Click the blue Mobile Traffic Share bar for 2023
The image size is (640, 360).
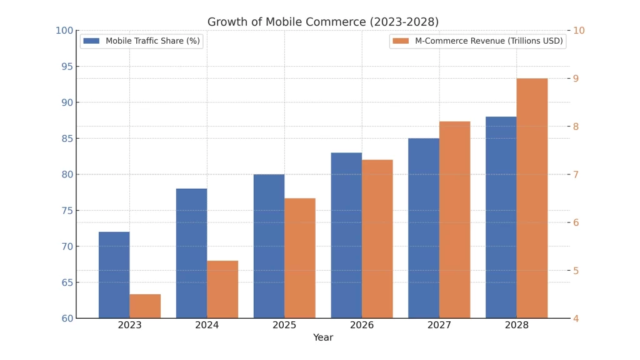coord(114,275)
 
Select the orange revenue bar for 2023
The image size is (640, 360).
coord(145,306)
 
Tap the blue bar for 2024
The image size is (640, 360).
coord(191,253)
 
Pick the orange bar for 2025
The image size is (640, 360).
coord(300,258)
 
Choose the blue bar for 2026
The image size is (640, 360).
coord(346,235)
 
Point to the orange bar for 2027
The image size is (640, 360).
coord(454,219)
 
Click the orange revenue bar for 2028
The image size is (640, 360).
coord(532,198)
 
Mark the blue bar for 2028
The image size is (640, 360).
coord(501,217)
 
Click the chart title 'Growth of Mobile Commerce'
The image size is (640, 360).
coord(323,22)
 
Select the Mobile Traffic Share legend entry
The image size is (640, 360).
coord(142,41)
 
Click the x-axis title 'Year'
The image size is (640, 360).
coord(323,337)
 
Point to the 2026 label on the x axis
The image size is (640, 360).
coord(362,325)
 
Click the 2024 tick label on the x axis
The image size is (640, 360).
coord(207,325)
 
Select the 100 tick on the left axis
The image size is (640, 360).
coord(64,31)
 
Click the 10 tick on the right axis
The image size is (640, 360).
coord(579,31)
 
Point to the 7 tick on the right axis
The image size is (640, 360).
coord(576,174)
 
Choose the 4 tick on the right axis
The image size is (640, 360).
coord(576,318)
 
